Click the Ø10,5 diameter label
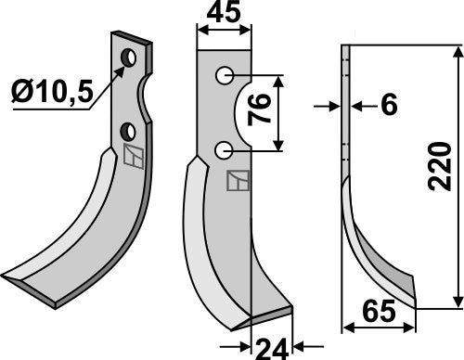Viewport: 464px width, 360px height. (x=52, y=92)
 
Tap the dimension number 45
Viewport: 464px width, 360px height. (x=224, y=13)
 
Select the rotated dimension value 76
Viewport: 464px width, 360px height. (x=259, y=109)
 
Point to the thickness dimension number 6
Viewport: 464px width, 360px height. (x=389, y=105)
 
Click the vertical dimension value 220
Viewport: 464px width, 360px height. (x=439, y=166)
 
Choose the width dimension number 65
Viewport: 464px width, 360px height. (x=379, y=312)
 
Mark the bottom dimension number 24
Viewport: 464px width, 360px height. (x=272, y=350)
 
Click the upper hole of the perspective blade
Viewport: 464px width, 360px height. (x=129, y=58)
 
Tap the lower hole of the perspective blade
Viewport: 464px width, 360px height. (x=128, y=132)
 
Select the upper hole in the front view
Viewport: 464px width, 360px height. (x=225, y=75)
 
